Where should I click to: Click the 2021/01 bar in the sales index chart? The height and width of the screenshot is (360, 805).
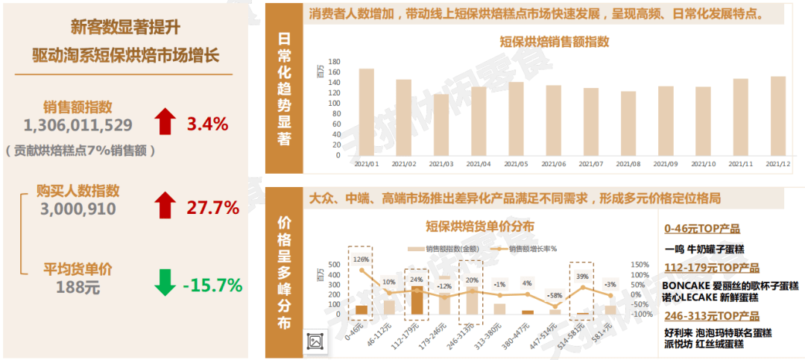pos(366,112)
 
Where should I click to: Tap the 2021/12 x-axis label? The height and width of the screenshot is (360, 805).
pos(777,164)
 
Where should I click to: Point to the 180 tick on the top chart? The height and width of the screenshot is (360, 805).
pos(334,62)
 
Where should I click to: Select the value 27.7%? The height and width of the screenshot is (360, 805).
pos(212,207)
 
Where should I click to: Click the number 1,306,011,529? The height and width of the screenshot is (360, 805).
pos(78,124)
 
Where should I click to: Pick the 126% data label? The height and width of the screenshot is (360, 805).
pos(362,259)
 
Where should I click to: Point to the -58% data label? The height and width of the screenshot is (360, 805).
pos(555,296)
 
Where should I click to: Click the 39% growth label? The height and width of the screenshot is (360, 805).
pos(582,277)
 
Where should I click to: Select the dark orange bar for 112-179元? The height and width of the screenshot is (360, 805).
pos(417,300)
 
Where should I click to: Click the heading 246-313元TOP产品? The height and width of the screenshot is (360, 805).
pos(711,316)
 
